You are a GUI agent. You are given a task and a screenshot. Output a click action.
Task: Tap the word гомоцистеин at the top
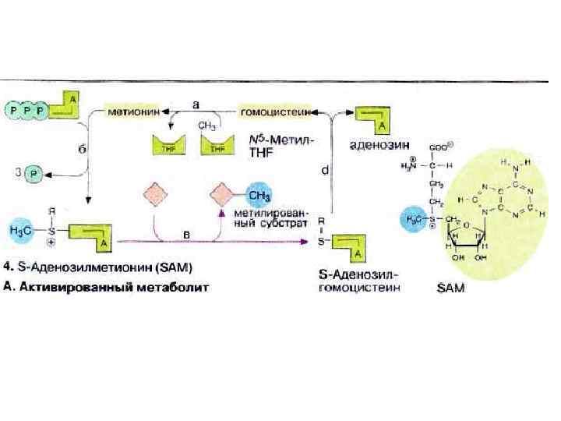(x=276, y=112)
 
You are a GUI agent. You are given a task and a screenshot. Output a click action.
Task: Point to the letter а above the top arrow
(x=196, y=102)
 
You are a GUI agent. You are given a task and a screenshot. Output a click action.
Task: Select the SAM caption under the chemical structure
(x=450, y=288)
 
